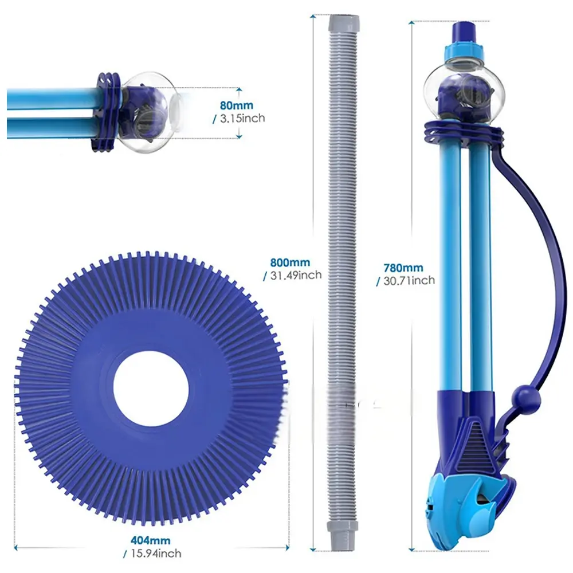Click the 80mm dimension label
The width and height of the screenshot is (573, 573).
pyautogui.click(x=237, y=105)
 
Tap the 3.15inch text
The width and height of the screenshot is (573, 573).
pyautogui.click(x=242, y=118)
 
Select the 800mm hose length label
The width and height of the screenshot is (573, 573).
pyautogui.click(x=290, y=262)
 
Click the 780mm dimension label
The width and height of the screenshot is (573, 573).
pyautogui.click(x=403, y=268)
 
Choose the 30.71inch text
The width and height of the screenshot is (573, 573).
pyautogui.click(x=409, y=280)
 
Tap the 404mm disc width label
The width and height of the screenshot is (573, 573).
pyautogui.click(x=151, y=540)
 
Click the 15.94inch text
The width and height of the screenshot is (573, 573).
pyautogui.click(x=156, y=554)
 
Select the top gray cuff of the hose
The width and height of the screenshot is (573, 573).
pyautogui.click(x=344, y=23)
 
